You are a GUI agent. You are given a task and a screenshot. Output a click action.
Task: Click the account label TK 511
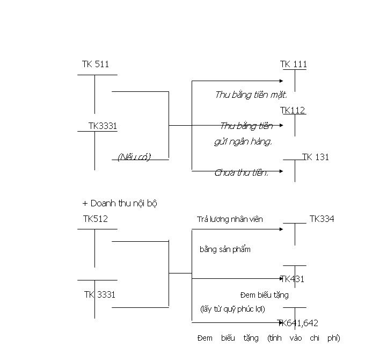[96, 64]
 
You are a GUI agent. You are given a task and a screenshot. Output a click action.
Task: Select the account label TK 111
[294, 64]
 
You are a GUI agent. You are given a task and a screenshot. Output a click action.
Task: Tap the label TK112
[293, 110]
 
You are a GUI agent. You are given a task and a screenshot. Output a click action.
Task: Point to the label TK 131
[316, 157]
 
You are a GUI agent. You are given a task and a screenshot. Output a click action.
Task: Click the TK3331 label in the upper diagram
[103, 126]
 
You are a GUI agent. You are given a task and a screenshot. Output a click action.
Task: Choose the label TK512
[96, 219]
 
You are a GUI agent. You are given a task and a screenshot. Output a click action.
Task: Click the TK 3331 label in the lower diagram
[99, 294]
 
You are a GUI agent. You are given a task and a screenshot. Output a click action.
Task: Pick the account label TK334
[322, 218]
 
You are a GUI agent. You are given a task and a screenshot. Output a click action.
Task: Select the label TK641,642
[298, 323]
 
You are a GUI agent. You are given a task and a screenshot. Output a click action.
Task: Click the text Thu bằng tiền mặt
[251, 95]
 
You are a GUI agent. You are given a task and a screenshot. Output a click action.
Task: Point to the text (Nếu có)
[134, 157]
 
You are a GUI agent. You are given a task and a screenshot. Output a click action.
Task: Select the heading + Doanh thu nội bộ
[120, 203]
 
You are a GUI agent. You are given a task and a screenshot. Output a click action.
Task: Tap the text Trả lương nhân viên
[230, 219]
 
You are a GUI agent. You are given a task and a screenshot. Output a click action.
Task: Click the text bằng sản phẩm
[224, 249]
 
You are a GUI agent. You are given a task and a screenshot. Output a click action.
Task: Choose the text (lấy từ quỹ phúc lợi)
[232, 309]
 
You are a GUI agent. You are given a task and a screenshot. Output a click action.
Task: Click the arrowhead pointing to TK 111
[281, 81]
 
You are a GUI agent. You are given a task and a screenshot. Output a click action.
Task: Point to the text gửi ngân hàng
[243, 142]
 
